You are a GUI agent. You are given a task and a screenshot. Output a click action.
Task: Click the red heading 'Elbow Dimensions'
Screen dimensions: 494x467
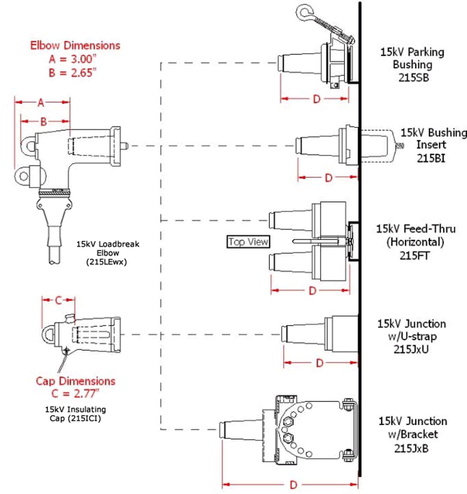(x=75, y=45)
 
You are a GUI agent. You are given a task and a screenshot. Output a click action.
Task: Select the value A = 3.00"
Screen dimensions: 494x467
(x=75, y=59)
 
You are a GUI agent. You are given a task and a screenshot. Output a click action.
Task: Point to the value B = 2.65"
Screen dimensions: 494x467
(x=75, y=72)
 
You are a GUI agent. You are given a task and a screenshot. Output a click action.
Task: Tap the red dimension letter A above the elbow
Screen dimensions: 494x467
(x=41, y=103)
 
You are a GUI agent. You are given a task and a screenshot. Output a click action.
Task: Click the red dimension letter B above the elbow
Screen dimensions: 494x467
(x=44, y=121)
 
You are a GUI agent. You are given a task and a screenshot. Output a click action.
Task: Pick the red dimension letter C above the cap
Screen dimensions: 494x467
(x=58, y=301)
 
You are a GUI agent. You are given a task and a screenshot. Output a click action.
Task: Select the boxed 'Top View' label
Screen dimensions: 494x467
(x=248, y=242)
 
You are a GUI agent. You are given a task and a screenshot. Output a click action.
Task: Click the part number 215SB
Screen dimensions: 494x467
(x=413, y=77)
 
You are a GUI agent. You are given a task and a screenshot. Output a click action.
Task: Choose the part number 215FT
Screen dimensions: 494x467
(x=414, y=256)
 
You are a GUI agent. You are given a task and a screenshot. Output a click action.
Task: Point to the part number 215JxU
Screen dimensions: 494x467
(x=412, y=349)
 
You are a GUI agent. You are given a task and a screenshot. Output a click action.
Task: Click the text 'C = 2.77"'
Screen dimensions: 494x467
(x=75, y=394)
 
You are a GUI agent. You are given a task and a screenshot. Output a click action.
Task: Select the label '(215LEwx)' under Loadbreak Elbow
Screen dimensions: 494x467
(x=107, y=261)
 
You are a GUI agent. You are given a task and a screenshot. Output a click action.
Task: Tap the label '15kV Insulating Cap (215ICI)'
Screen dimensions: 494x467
(x=75, y=414)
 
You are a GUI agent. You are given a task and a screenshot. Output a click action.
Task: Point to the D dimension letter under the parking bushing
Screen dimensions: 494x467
(x=316, y=99)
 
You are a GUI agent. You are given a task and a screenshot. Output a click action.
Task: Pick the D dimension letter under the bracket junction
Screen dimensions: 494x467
(x=293, y=485)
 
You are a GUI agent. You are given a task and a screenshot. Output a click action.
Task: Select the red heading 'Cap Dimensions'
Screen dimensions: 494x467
(x=75, y=381)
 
